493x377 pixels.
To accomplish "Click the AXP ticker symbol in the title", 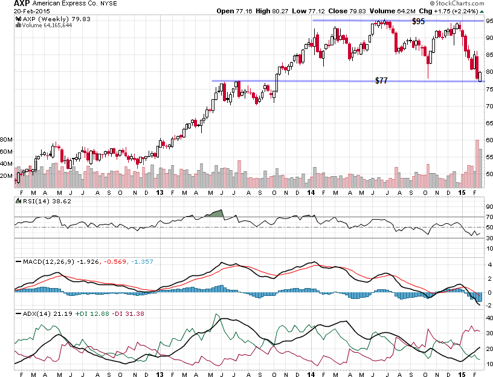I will coord(22,4).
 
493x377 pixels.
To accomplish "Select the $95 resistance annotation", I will coord(418,21).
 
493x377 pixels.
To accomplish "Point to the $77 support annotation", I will coord(381,80).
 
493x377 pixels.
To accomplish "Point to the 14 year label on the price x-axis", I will coord(311,192).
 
